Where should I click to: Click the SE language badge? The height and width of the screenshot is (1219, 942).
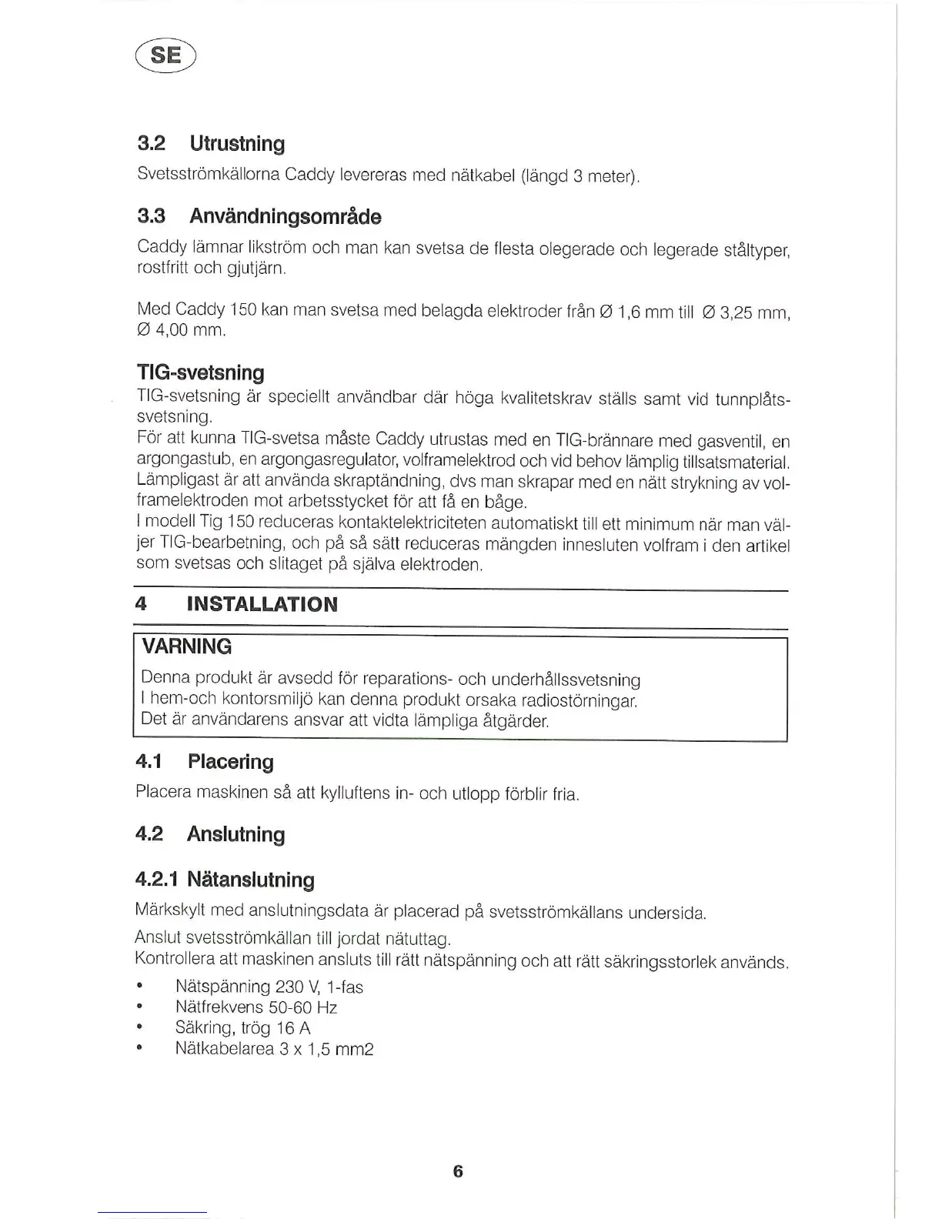(165, 55)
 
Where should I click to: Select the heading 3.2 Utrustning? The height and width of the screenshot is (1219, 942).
(210, 144)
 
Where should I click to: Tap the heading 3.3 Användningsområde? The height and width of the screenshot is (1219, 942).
(259, 216)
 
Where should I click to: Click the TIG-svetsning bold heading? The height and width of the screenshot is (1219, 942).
(200, 373)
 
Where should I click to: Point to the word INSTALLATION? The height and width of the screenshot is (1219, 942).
(262, 604)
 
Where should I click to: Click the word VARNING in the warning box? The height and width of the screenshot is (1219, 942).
(187, 646)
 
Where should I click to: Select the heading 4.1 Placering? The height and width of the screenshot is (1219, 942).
(204, 762)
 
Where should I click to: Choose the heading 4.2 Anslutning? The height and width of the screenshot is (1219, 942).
(209, 834)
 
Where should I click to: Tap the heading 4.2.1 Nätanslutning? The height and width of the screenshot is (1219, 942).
(225, 880)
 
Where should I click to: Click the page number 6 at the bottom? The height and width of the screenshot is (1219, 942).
(458, 1171)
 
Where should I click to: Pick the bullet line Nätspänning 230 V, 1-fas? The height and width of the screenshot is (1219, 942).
(269, 987)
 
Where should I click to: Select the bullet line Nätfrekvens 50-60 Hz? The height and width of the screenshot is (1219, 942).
(256, 1008)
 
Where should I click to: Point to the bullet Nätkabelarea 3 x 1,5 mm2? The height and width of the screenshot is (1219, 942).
(274, 1049)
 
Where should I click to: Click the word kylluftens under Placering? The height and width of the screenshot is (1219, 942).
(352, 793)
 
